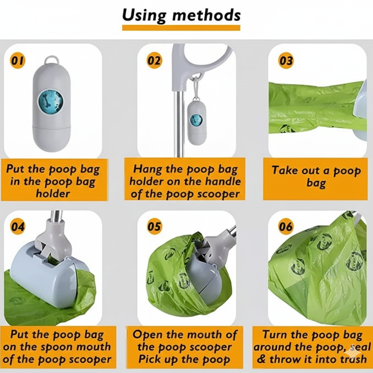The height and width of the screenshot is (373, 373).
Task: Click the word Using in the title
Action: click(x=144, y=16)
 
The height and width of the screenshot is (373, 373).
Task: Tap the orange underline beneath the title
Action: click(x=181, y=28)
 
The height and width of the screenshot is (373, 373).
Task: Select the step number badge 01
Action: click(x=17, y=60)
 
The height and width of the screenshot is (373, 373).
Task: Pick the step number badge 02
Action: click(x=154, y=60)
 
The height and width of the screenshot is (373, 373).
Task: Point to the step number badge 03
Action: click(x=286, y=60)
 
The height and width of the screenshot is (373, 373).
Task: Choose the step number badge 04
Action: click(x=17, y=226)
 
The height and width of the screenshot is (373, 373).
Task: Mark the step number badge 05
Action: click(x=154, y=226)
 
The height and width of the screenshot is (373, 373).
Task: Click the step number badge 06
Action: click(x=286, y=226)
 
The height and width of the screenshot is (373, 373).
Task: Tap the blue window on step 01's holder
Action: click(x=51, y=102)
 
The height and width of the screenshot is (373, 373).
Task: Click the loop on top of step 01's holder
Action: click(x=51, y=59)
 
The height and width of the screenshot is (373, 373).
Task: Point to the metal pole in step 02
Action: click(x=178, y=124)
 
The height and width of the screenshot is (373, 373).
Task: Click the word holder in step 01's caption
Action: click(x=53, y=193)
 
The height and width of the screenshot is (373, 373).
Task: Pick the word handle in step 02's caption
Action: click(x=223, y=181)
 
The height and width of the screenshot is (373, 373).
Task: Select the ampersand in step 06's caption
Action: click(x=261, y=359)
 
